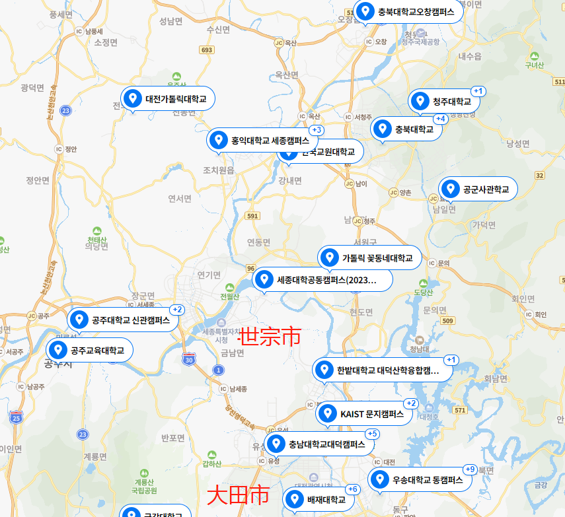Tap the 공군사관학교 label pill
[478, 190]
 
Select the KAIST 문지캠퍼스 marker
[365, 414]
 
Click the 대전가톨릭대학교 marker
[168, 100]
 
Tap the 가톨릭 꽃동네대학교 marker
[369, 258]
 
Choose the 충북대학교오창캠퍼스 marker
[408, 11]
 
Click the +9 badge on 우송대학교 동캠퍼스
[471, 469]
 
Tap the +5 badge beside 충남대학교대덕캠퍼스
[373, 434]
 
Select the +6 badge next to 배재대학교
[353, 489]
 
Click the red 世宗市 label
[269, 337]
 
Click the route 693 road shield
[207, 50]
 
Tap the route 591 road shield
[252, 216]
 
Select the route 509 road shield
[449, 321]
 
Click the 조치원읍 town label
[219, 170]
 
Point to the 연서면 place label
[180, 198]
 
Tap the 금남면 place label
[232, 353]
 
